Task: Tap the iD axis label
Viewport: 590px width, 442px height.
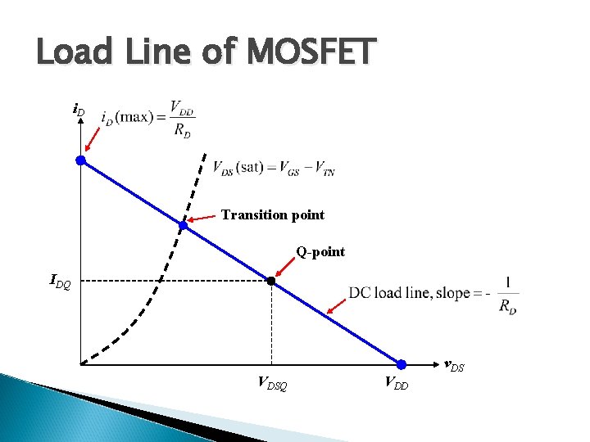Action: pyautogui.click(x=79, y=109)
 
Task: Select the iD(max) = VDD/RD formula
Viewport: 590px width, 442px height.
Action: pyautogui.click(x=147, y=120)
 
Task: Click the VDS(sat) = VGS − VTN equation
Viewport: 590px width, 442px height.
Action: pyautogui.click(x=274, y=169)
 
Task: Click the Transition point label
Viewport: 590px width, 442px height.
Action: pyautogui.click(x=273, y=215)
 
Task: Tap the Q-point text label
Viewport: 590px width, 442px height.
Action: pyautogui.click(x=320, y=252)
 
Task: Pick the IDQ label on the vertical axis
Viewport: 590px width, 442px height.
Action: pyautogui.click(x=61, y=283)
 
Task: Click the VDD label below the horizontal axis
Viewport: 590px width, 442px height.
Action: pyautogui.click(x=396, y=382)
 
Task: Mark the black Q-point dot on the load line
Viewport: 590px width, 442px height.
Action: pyautogui.click(x=271, y=281)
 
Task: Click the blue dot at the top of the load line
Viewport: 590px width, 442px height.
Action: pyautogui.click(x=81, y=160)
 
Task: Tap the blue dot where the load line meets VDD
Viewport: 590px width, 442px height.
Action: pyautogui.click(x=402, y=364)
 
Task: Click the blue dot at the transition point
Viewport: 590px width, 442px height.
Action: pyautogui.click(x=184, y=225)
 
